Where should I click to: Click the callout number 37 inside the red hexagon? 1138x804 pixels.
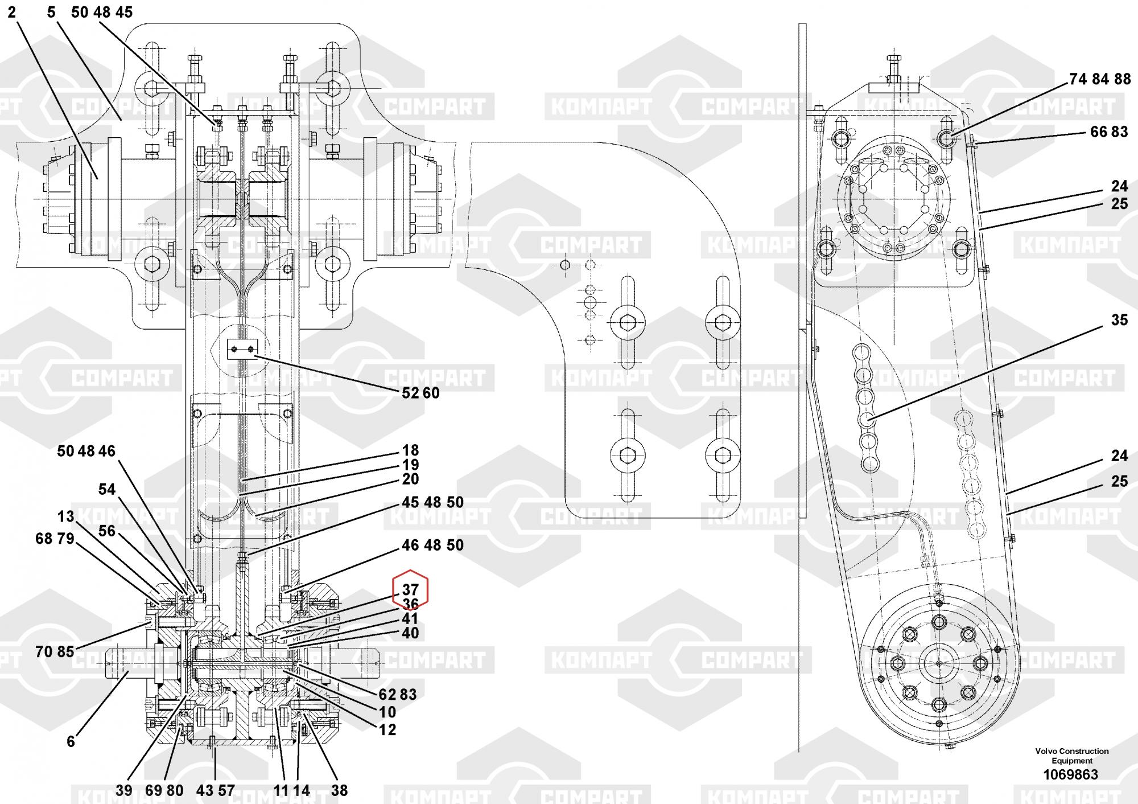click(410, 590)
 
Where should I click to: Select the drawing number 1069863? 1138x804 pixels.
click(1070, 775)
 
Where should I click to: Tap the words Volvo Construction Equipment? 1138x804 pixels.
click(1072, 756)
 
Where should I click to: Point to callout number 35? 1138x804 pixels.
click(1119, 320)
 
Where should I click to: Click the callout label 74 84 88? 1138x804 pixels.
click(1100, 79)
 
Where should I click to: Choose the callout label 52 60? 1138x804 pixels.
click(420, 393)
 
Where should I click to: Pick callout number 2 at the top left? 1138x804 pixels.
click(12, 12)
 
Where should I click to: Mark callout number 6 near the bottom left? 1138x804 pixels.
click(71, 741)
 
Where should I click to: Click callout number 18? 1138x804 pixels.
click(410, 450)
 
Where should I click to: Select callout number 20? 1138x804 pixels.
click(410, 479)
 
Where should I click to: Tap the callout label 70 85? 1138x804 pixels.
click(55, 651)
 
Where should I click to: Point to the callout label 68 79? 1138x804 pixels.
click(55, 538)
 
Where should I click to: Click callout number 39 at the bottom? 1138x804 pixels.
click(123, 790)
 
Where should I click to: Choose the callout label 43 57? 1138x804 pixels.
click(215, 790)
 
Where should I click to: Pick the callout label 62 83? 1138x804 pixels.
click(398, 694)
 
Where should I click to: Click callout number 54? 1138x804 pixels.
click(107, 489)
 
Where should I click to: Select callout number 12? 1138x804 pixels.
click(387, 729)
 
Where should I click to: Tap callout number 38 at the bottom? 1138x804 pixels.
click(339, 790)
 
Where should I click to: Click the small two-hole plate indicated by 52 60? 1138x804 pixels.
click(243, 348)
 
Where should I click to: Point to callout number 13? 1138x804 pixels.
click(66, 516)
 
